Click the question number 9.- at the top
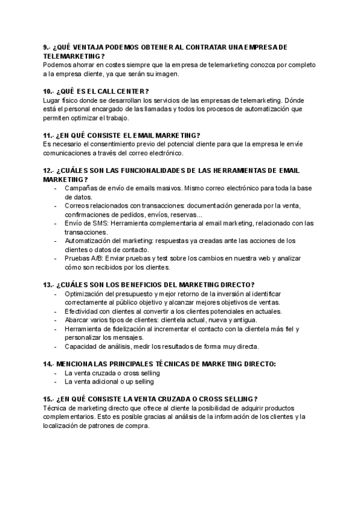click(x=47, y=47)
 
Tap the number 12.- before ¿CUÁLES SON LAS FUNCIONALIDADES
click(x=49, y=171)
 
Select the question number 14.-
click(x=49, y=364)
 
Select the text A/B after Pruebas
click(x=96, y=258)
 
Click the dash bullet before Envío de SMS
click(x=56, y=223)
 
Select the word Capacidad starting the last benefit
click(x=81, y=346)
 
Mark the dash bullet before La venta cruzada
click(x=56, y=373)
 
